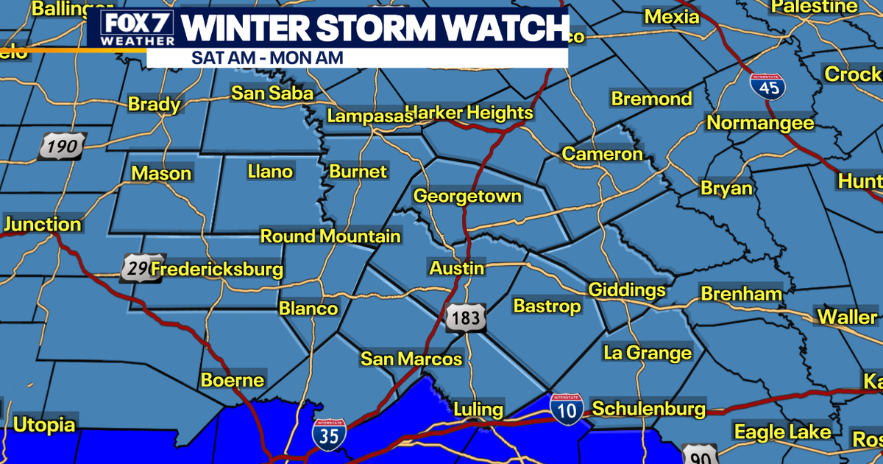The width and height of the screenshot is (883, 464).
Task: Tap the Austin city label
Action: (x=457, y=267)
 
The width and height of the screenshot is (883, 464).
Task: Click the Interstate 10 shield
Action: (x=567, y=408)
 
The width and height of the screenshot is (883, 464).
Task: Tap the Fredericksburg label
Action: (x=217, y=270)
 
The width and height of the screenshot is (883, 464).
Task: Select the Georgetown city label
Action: (x=467, y=197)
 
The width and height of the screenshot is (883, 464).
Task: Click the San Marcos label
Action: (x=411, y=359)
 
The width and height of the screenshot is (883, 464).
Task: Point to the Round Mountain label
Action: (x=331, y=236)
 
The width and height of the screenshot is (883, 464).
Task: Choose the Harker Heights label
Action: (x=469, y=113)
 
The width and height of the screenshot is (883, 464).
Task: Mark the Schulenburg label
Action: (x=648, y=409)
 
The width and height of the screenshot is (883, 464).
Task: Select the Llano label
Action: (x=269, y=172)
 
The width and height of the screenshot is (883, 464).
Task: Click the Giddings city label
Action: (x=626, y=289)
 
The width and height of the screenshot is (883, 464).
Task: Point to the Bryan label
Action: (x=726, y=189)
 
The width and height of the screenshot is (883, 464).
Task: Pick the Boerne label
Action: (x=233, y=380)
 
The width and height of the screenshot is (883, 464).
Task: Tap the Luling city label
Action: (x=478, y=409)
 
